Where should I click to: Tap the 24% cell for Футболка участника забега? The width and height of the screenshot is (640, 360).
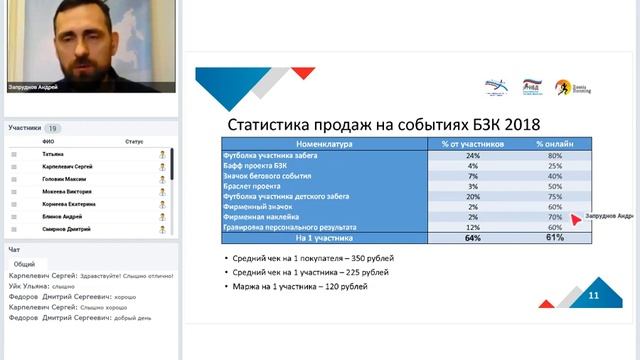point(473,155)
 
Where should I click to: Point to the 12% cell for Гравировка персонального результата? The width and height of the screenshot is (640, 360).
point(473,228)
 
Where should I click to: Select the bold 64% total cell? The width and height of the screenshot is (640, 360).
point(473,239)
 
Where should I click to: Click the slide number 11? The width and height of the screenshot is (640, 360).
point(593,296)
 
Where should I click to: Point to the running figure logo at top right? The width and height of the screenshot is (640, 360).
point(563,88)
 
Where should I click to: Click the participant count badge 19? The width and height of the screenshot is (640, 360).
point(52,128)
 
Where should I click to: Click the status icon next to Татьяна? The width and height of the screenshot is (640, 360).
point(161,154)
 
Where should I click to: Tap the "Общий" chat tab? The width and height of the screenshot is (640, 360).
point(24,264)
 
